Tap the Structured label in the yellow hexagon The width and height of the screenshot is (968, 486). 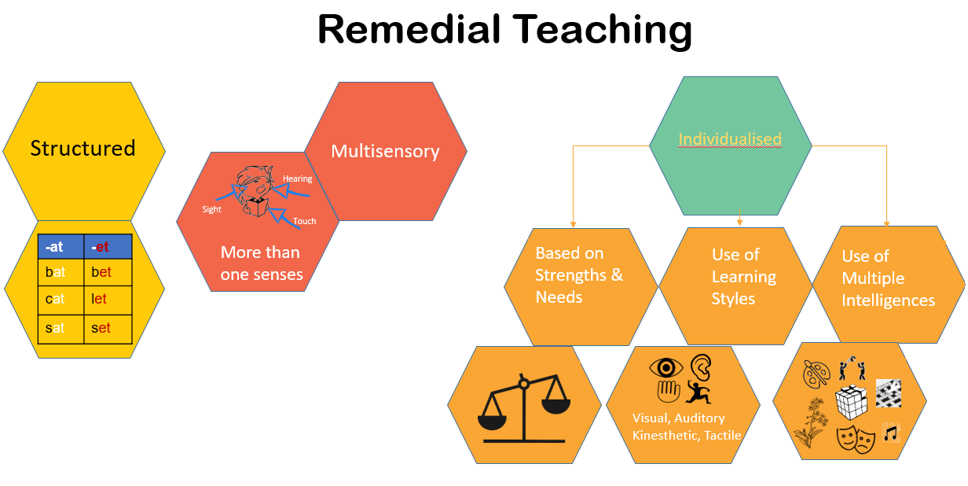coord(83,149)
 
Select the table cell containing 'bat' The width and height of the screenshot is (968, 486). coord(61,272)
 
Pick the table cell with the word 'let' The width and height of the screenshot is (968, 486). coord(108,300)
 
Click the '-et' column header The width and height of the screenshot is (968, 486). coord(108,246)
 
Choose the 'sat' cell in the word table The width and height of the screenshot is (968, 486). coord(61,329)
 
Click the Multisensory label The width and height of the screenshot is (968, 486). coord(385,151)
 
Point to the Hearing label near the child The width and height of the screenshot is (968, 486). coord(297,179)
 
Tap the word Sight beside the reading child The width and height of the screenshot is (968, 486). coord(212,209)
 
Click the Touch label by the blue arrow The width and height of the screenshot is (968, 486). coord(305,221)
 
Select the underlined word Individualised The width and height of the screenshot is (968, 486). coord(730,139)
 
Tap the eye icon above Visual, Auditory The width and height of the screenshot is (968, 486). coord(666,367)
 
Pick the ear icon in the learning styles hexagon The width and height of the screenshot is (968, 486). coord(701,367)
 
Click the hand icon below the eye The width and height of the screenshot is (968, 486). coord(669,392)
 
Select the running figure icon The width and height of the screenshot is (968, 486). coord(698,392)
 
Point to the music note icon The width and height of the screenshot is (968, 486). coord(891,433)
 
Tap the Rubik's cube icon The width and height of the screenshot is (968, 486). coord(852,402)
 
